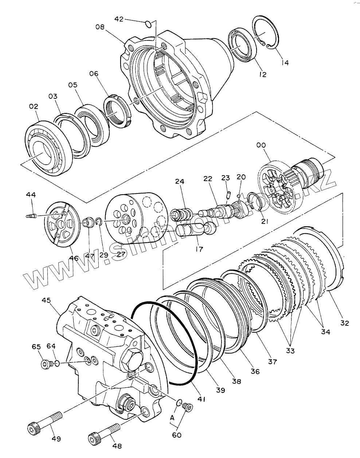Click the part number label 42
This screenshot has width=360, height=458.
[119, 19]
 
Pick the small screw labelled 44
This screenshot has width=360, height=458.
[31, 216]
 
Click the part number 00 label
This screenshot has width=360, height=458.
[261, 145]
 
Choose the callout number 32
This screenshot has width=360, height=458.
[345, 323]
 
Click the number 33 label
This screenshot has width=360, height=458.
[290, 351]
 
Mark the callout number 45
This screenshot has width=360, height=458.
[46, 301]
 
